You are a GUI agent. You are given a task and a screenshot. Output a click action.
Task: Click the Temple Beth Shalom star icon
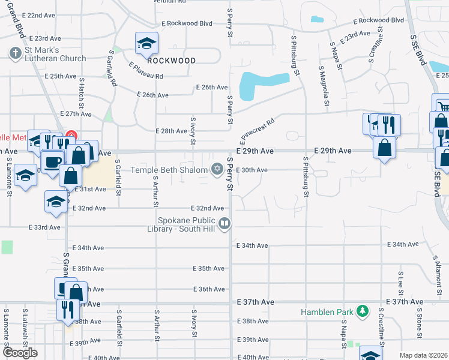[217, 170]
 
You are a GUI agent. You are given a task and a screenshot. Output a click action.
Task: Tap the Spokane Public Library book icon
[224, 224]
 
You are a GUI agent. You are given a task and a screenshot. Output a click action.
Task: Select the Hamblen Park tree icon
[362, 311]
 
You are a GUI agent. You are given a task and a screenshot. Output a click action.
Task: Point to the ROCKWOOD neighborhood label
[171, 61]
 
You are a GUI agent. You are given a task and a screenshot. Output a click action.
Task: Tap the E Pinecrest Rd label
[256, 131]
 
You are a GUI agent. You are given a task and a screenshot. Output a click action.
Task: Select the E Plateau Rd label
[145, 70]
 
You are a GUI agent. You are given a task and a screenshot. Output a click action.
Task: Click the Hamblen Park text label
[328, 312]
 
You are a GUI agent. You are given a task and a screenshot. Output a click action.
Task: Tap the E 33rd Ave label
[44, 227]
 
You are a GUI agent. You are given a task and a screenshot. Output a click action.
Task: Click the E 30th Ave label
[252, 170]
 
